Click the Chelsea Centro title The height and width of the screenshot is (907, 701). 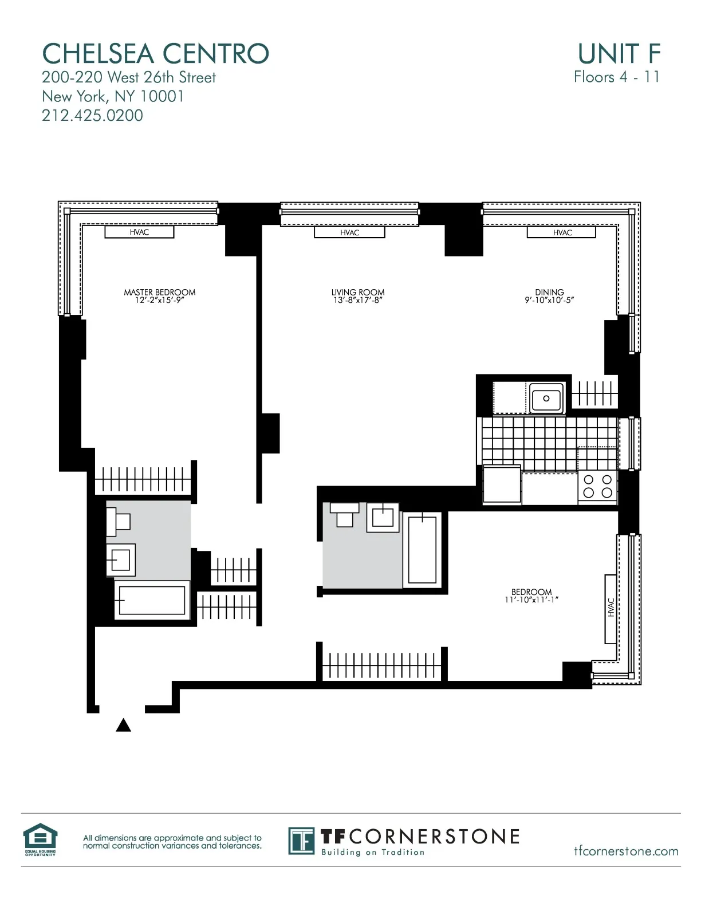point(155,54)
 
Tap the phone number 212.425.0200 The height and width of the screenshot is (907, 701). point(92,116)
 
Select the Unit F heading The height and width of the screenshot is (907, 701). point(619,54)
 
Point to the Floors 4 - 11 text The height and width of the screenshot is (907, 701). point(616,77)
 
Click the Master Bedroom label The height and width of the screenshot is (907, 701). point(159,292)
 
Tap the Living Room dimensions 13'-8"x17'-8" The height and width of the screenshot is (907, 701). point(358,300)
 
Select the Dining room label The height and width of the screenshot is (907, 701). point(549,292)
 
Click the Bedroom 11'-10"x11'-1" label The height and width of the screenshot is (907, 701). point(531,596)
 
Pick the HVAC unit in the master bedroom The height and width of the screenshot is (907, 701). point(139,232)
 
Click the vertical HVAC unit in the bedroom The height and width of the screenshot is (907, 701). point(611,608)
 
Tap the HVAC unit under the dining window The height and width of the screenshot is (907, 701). point(562,232)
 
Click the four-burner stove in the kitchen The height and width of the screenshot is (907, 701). point(597,486)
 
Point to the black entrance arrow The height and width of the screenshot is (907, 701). point(124,725)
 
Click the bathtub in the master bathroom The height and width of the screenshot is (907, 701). point(152,600)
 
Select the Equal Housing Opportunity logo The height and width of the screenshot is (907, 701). point(40,839)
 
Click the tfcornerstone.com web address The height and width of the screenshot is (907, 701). point(626,851)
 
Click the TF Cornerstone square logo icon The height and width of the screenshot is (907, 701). point(301,841)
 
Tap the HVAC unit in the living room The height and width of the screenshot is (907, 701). point(349,232)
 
